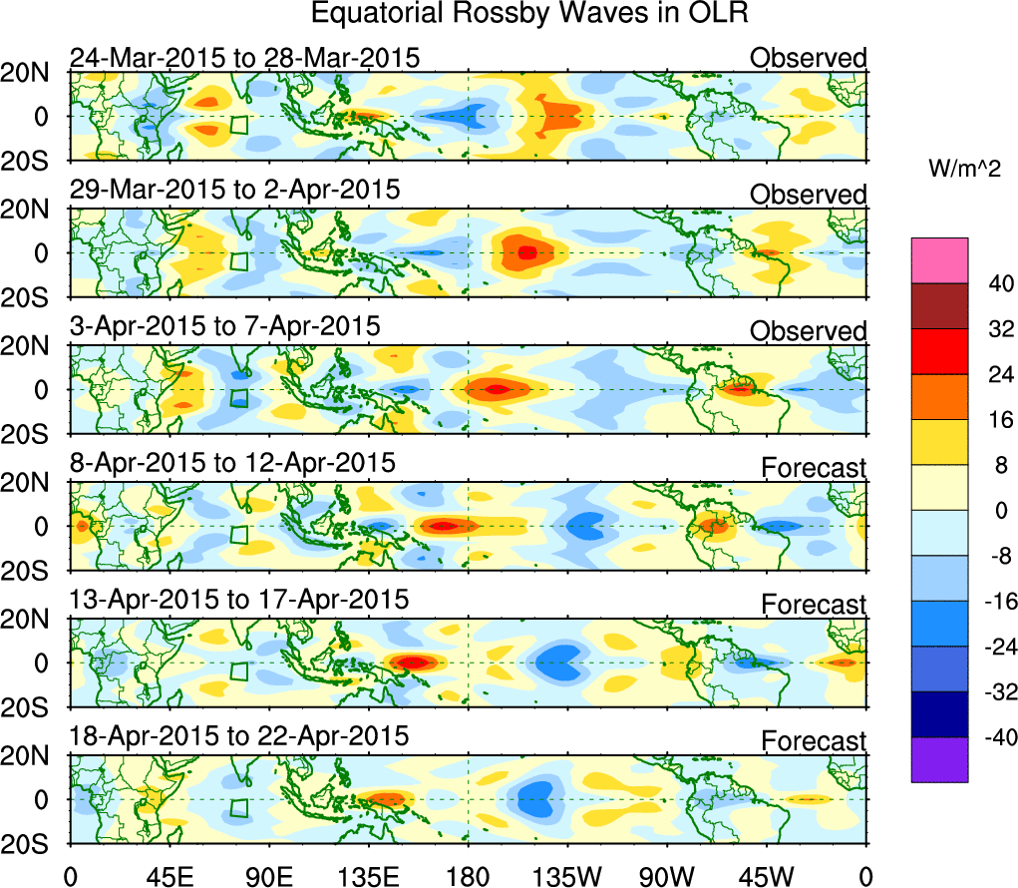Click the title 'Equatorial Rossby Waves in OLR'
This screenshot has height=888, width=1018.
pos(529,14)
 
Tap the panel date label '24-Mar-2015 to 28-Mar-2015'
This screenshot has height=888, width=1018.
pos(244,58)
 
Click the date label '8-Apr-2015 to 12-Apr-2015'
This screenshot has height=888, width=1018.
pos(232,463)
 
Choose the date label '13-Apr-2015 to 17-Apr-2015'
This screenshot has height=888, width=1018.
pos(238,600)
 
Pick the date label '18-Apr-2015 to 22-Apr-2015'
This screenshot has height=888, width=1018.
pos(238,736)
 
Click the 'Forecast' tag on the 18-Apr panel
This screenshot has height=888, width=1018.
pos(814,740)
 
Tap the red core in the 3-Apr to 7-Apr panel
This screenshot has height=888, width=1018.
pos(499,388)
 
